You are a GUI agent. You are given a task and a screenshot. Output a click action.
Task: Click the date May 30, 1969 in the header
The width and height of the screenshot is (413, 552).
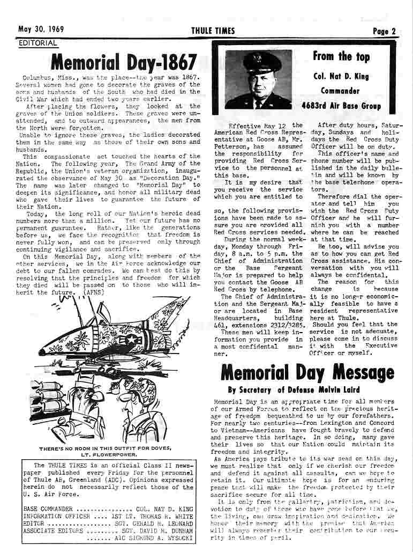pos(41,30)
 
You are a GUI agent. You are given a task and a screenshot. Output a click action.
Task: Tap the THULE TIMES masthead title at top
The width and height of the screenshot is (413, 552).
pos(213,31)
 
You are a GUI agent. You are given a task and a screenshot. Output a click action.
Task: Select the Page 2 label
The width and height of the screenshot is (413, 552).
pos(384,31)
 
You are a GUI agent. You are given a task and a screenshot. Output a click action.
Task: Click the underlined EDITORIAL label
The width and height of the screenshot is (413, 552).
pos(37,43)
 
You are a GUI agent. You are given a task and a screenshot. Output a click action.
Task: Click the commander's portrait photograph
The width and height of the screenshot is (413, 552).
pos(258,79)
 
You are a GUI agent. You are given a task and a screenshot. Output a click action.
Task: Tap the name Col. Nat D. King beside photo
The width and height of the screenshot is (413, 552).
pos(341,76)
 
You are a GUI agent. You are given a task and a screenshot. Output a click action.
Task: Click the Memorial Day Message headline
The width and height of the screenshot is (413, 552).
pos(307,371)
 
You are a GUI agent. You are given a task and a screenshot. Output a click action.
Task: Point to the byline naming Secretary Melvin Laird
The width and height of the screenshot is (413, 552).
pos(294,389)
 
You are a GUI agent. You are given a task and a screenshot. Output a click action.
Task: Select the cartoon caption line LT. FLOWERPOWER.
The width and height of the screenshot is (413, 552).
pos(105,454)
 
